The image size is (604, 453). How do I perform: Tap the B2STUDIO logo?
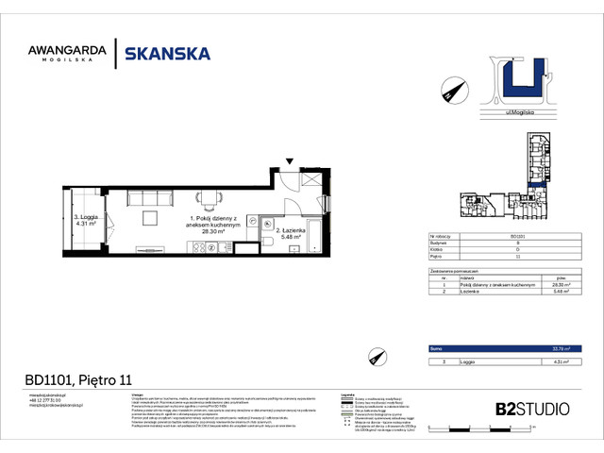[532, 409]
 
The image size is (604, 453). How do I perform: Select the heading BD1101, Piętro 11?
[77, 379]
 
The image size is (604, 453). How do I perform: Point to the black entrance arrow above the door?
[290, 162]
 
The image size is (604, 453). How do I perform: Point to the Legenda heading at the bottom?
[348, 394]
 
